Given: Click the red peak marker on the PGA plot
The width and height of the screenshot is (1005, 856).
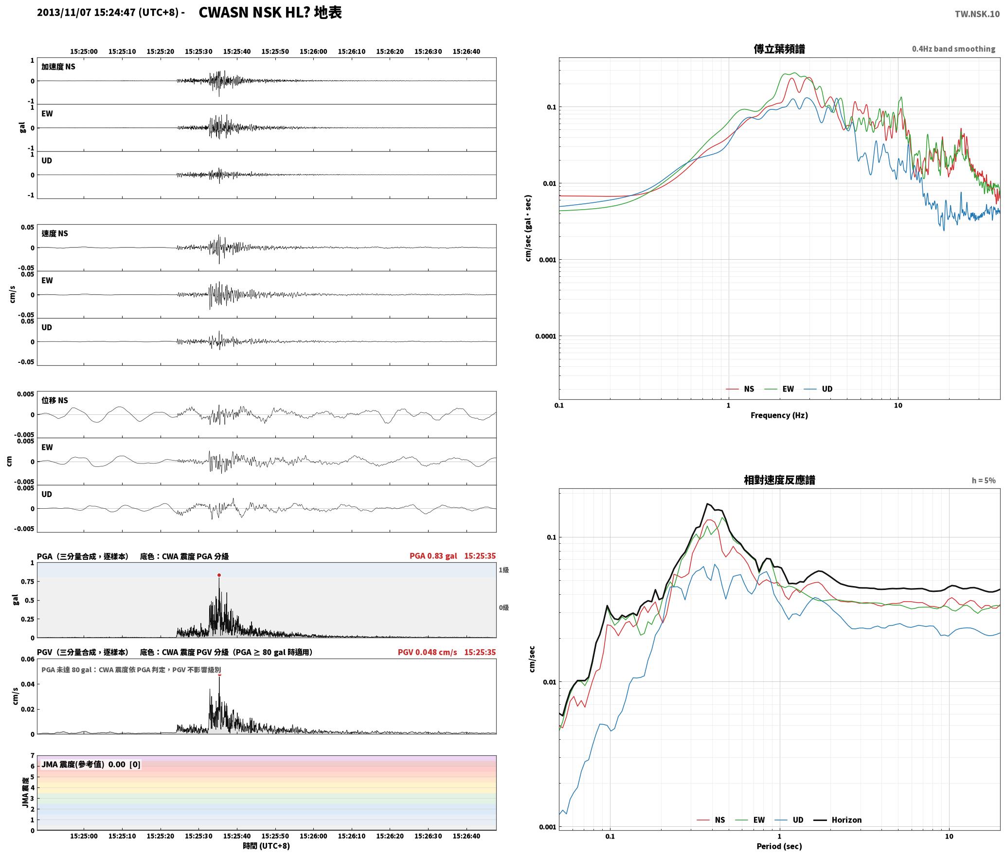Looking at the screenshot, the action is (219, 575).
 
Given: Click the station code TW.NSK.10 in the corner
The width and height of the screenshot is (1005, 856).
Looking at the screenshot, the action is (977, 14).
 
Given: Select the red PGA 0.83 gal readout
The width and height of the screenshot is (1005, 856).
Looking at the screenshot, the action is (433, 556).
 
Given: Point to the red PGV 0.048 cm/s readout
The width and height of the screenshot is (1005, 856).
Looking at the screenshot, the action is (428, 652).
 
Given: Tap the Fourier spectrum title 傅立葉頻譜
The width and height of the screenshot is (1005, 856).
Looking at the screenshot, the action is (779, 49).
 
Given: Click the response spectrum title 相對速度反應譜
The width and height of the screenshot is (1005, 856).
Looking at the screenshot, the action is (779, 480).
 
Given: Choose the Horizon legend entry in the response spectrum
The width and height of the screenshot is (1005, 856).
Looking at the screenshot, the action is (838, 820).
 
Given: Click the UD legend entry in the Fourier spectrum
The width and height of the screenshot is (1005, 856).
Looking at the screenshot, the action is (818, 389).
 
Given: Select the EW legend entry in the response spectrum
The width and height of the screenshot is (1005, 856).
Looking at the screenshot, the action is (750, 820).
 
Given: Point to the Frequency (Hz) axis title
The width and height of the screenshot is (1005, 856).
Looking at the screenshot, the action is (779, 415).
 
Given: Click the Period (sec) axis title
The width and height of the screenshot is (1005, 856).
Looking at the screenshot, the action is (779, 846).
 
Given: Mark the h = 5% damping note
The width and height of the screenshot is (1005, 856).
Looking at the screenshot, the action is (984, 481).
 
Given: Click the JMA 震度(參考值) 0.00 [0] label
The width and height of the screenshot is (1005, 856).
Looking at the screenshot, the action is (91, 764).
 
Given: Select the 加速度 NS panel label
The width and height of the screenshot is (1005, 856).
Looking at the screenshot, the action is (58, 67).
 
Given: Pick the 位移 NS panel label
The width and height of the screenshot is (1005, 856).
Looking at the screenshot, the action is (54, 400).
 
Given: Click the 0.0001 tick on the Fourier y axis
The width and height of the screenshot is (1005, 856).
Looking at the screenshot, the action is (545, 336).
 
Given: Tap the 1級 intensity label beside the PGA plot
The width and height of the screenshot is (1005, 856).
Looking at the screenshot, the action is (503, 570).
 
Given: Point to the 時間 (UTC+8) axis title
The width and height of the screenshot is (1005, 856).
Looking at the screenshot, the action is (267, 846).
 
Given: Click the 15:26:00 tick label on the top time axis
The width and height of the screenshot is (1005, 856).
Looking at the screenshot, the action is (313, 51).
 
